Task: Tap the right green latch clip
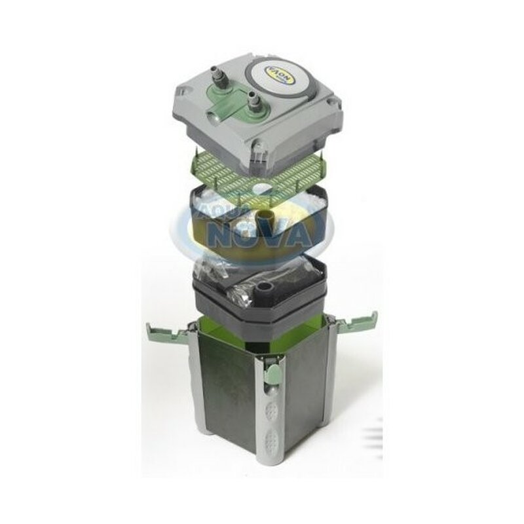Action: [363, 321]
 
